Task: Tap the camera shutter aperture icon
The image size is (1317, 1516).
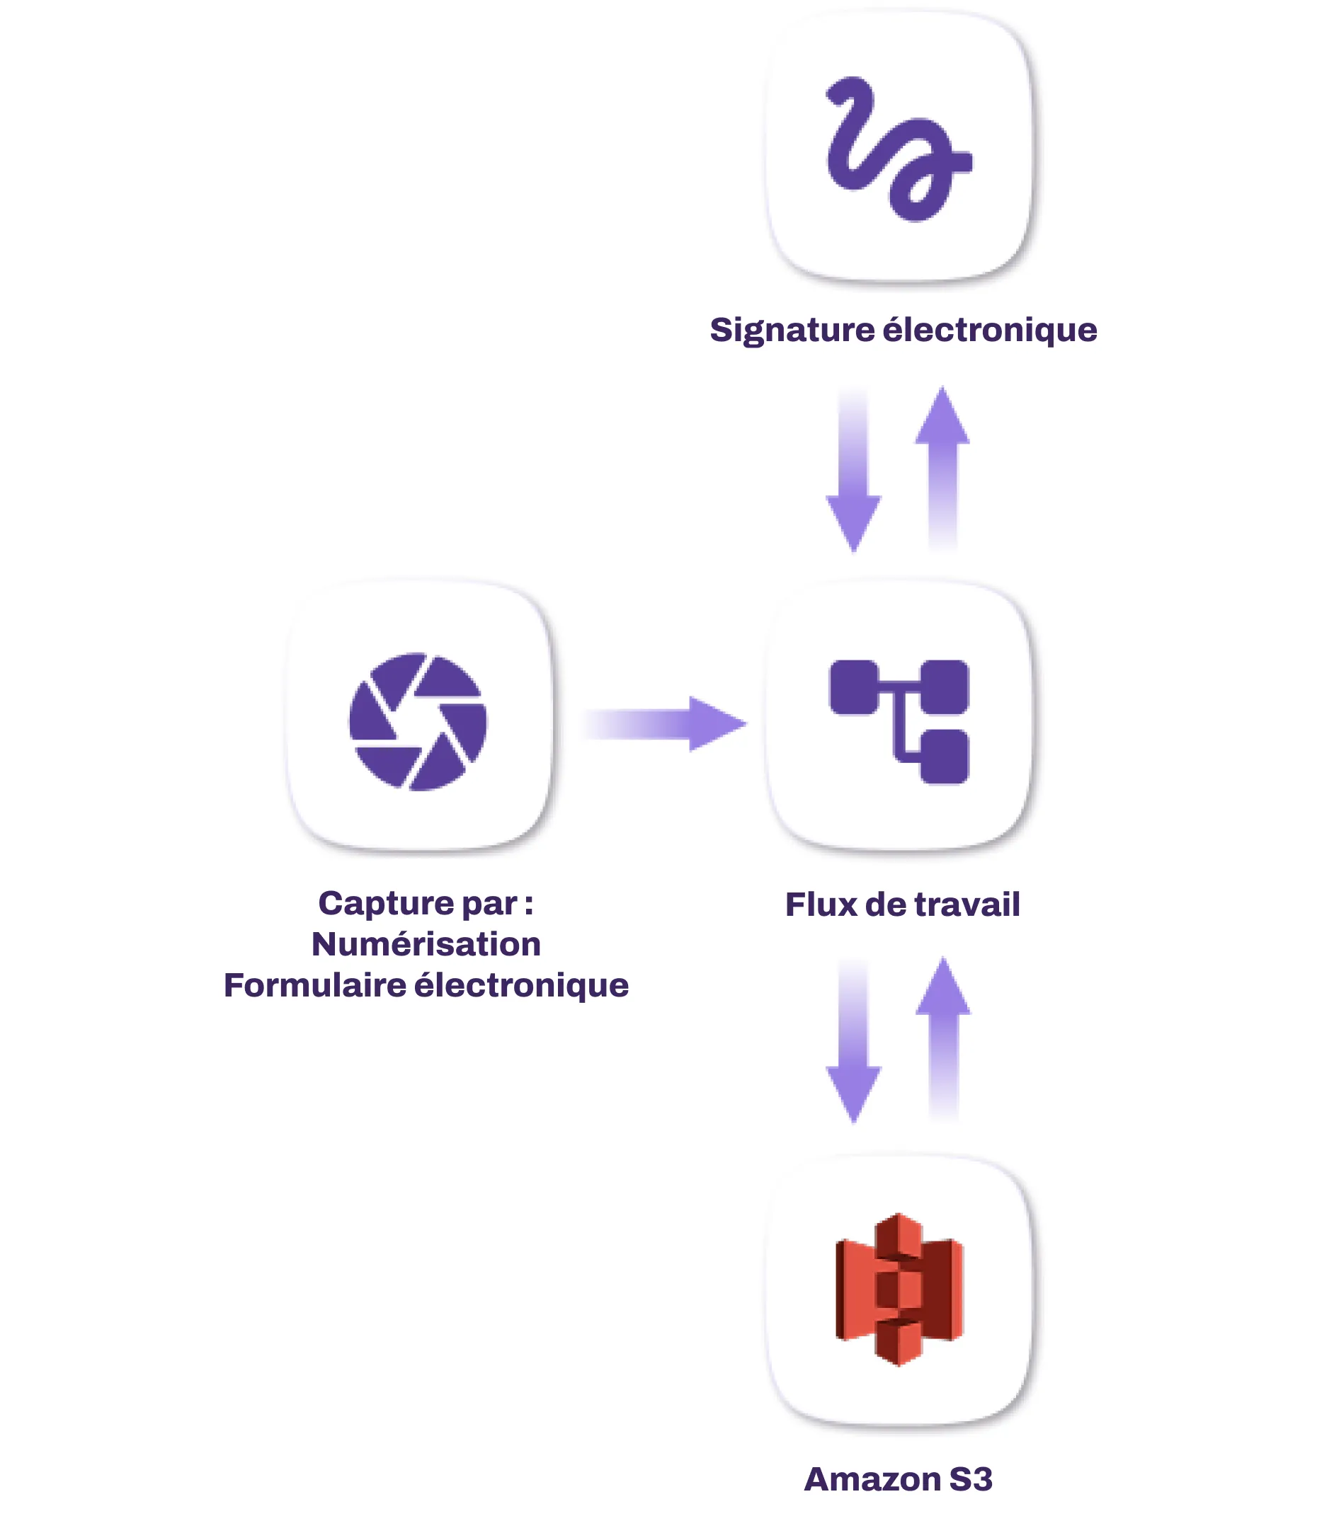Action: click(418, 721)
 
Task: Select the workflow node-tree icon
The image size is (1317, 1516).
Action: click(899, 721)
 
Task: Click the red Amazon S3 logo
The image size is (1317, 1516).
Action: click(899, 1290)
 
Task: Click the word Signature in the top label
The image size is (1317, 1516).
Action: click(791, 331)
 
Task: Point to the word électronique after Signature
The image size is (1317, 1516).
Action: click(989, 331)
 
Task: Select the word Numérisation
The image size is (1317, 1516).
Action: click(426, 945)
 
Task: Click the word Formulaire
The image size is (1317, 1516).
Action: click(314, 986)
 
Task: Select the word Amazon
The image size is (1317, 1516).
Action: click(872, 1479)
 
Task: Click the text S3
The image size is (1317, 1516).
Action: click(971, 1479)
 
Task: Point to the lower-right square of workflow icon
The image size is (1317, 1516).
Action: click(945, 757)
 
